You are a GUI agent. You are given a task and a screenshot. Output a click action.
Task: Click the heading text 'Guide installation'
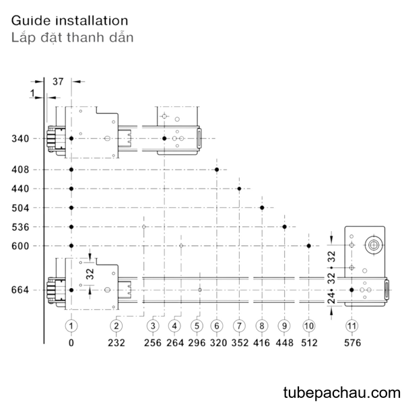coord(69,21)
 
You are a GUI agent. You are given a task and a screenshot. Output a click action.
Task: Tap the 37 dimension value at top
coord(58,81)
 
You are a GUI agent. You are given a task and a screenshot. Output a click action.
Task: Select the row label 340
coord(20,139)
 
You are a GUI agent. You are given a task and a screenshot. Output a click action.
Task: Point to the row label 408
coord(20,170)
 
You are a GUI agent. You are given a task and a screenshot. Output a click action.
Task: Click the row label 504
coord(20,207)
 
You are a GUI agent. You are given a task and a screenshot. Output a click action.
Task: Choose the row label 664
coord(20,290)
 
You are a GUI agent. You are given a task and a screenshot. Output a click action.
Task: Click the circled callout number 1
coord(71,326)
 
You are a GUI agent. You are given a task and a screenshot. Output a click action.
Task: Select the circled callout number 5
coord(197,326)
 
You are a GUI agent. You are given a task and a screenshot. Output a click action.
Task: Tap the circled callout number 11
coord(351,326)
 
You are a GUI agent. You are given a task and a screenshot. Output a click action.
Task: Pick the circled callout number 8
coord(262,326)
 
